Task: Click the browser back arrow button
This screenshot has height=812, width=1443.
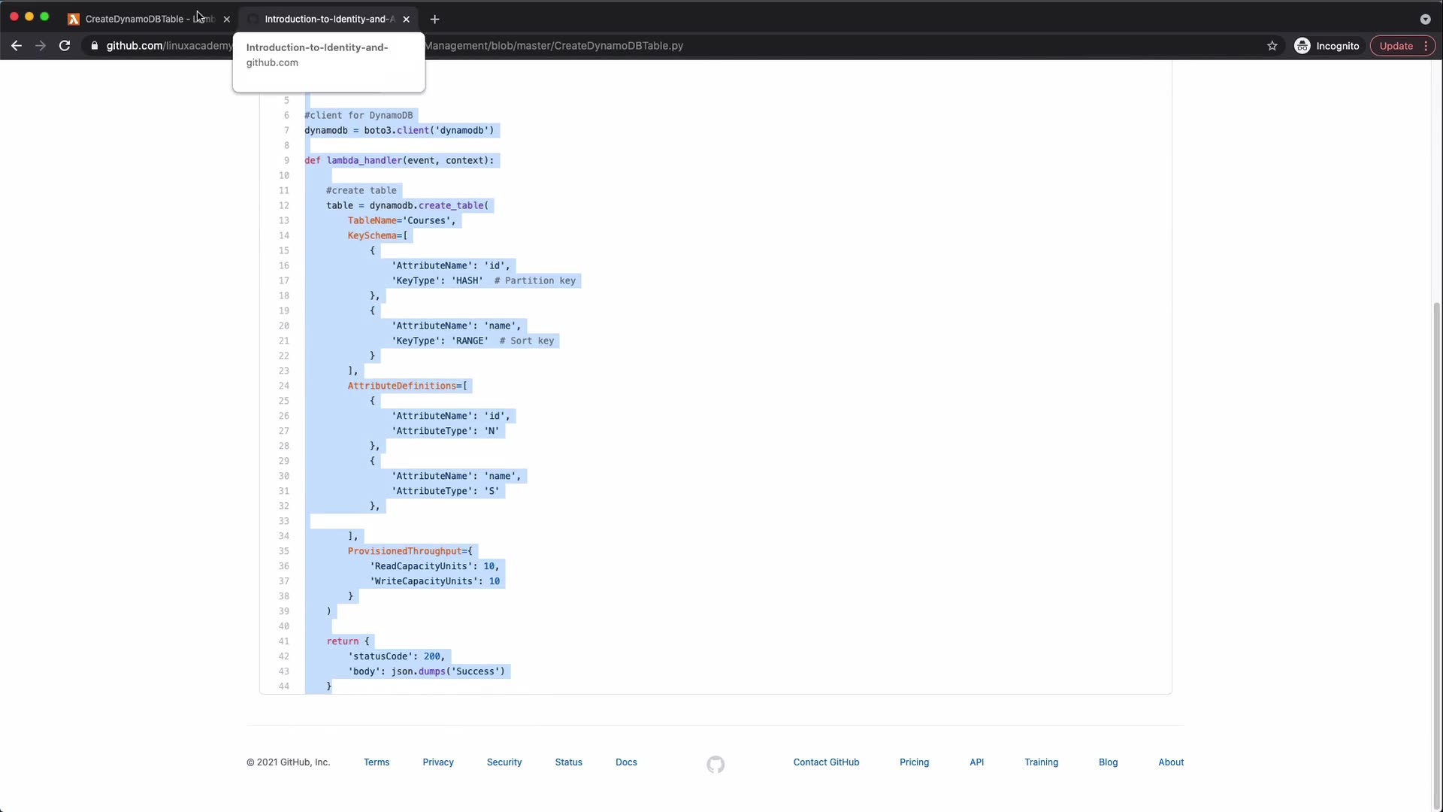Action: pos(17,46)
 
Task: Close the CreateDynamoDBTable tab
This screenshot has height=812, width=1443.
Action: pos(227,20)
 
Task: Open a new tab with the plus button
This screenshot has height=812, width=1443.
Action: pos(434,20)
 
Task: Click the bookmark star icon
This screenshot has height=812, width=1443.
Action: pos(1272,46)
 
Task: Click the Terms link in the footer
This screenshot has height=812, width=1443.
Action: pos(377,762)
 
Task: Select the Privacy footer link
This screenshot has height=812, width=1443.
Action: pos(438,762)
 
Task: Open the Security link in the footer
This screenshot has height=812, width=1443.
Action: pos(504,762)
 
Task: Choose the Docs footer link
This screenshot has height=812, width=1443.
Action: pos(626,762)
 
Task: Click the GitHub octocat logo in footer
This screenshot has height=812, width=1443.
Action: pos(715,765)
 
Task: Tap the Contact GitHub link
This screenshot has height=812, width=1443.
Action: pos(826,762)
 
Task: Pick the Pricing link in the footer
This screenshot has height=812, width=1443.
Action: pos(914,762)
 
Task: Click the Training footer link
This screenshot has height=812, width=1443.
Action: pos(1041,762)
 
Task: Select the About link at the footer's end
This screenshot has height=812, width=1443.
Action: pos(1171,762)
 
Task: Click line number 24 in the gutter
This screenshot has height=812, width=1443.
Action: pos(283,386)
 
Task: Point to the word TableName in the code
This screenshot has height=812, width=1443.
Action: pos(372,221)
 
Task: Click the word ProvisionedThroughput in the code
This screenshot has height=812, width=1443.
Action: pos(404,552)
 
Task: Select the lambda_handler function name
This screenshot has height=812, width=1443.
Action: pos(365,161)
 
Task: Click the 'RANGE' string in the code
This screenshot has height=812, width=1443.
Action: pos(470,341)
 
